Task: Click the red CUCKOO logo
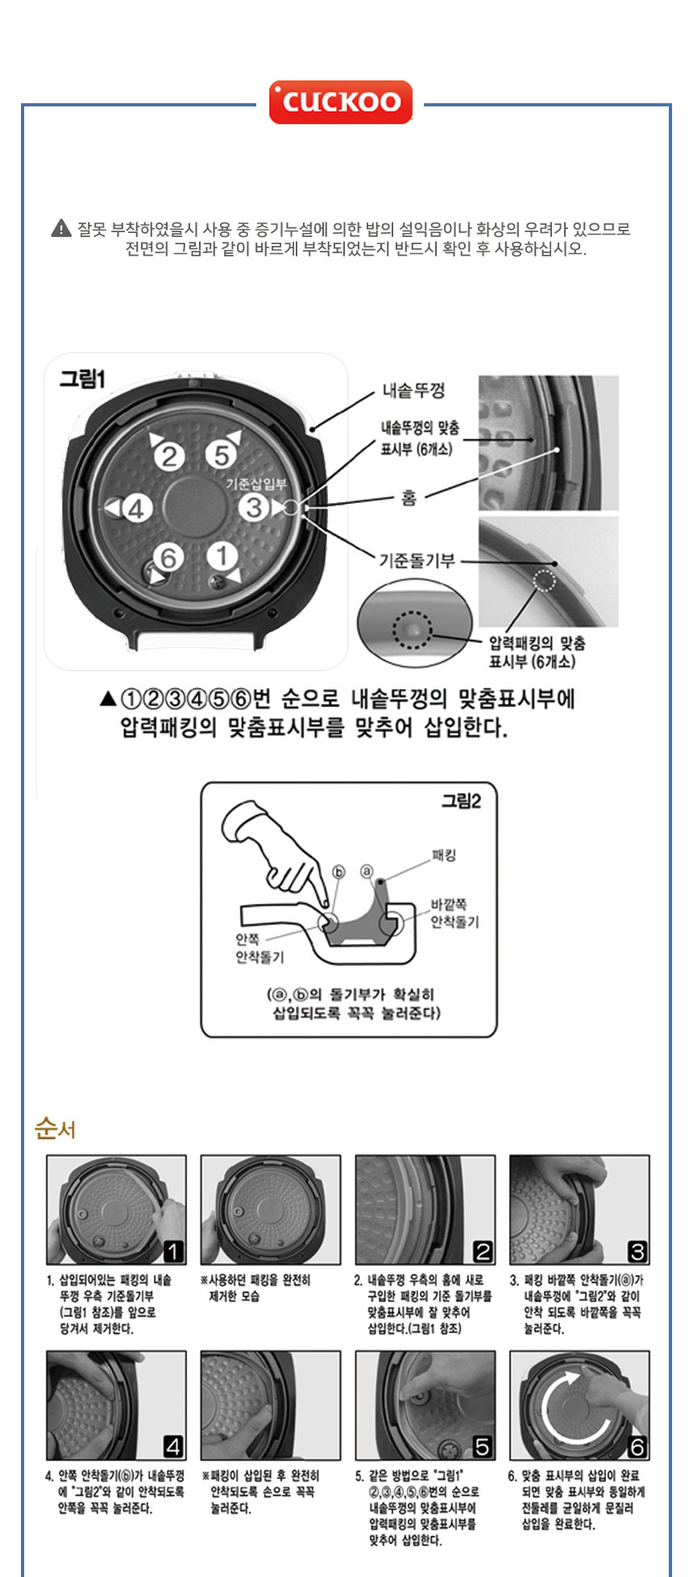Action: (340, 102)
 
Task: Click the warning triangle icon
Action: (61, 229)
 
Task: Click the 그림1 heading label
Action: (82, 379)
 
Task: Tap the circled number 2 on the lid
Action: (169, 457)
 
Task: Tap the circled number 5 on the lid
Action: (219, 456)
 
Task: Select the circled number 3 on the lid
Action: (254, 507)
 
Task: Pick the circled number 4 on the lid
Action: (136, 509)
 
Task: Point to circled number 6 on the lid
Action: (168, 557)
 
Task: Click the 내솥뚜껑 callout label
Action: (413, 391)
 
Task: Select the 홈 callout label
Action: (409, 499)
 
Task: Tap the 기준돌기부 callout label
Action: (417, 560)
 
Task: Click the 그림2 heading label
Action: (461, 801)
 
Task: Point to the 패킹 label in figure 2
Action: (444, 855)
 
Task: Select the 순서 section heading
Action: (55, 1129)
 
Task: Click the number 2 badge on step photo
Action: (482, 1251)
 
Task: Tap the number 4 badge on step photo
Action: (173, 1446)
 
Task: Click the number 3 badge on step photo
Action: (637, 1251)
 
